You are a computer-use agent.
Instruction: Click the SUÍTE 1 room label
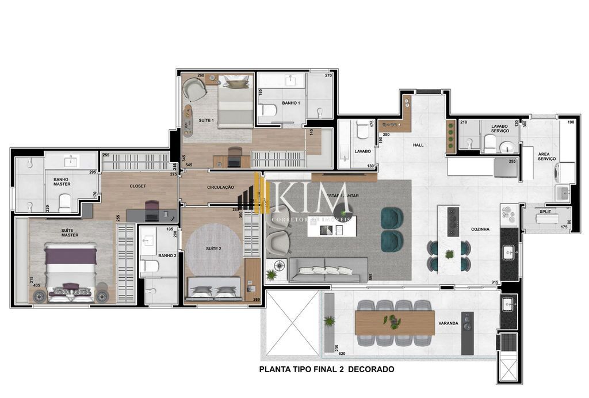(x=206, y=120)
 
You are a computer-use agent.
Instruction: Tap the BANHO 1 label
(x=290, y=103)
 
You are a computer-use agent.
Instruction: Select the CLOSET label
(x=137, y=186)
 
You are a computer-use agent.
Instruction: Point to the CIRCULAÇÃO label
(x=220, y=187)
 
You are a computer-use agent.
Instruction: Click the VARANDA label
(x=448, y=323)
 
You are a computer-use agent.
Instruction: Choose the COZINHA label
(x=480, y=229)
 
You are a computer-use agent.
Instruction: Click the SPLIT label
(x=545, y=212)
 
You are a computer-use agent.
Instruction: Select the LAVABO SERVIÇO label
(x=500, y=128)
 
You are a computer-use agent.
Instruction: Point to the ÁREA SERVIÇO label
(x=546, y=156)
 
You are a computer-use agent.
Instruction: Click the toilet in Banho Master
(x=64, y=201)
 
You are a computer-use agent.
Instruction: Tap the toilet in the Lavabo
(x=363, y=132)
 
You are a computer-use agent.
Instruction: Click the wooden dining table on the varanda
(x=395, y=323)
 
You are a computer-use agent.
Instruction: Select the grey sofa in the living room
(x=328, y=269)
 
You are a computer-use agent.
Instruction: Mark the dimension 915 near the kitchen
(x=495, y=281)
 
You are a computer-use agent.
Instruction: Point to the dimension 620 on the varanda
(x=342, y=354)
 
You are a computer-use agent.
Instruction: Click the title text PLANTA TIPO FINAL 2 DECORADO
(x=327, y=369)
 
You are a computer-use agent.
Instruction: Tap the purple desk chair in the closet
(x=152, y=210)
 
